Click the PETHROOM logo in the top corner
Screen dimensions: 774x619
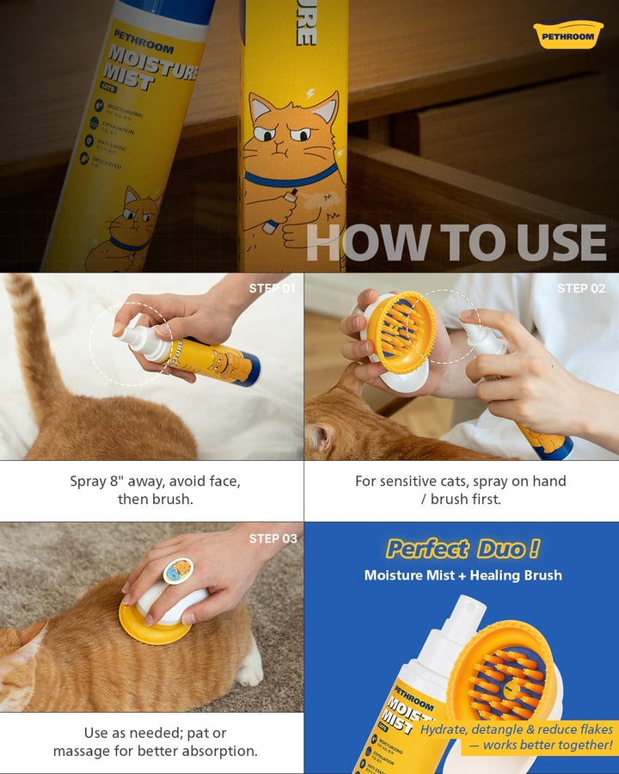pos(568,34)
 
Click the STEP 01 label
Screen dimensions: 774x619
pos(273,288)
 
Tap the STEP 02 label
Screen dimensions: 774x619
pos(581,288)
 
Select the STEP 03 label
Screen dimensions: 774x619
pos(273,538)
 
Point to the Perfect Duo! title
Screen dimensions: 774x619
pos(463,549)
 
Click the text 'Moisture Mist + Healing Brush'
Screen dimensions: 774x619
pos(463,575)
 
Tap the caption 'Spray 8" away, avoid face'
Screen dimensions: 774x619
pos(155,482)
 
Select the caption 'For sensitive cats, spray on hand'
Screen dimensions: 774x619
pos(461,482)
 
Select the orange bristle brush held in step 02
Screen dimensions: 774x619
pos(401,332)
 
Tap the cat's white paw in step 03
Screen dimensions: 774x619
pos(249,672)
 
